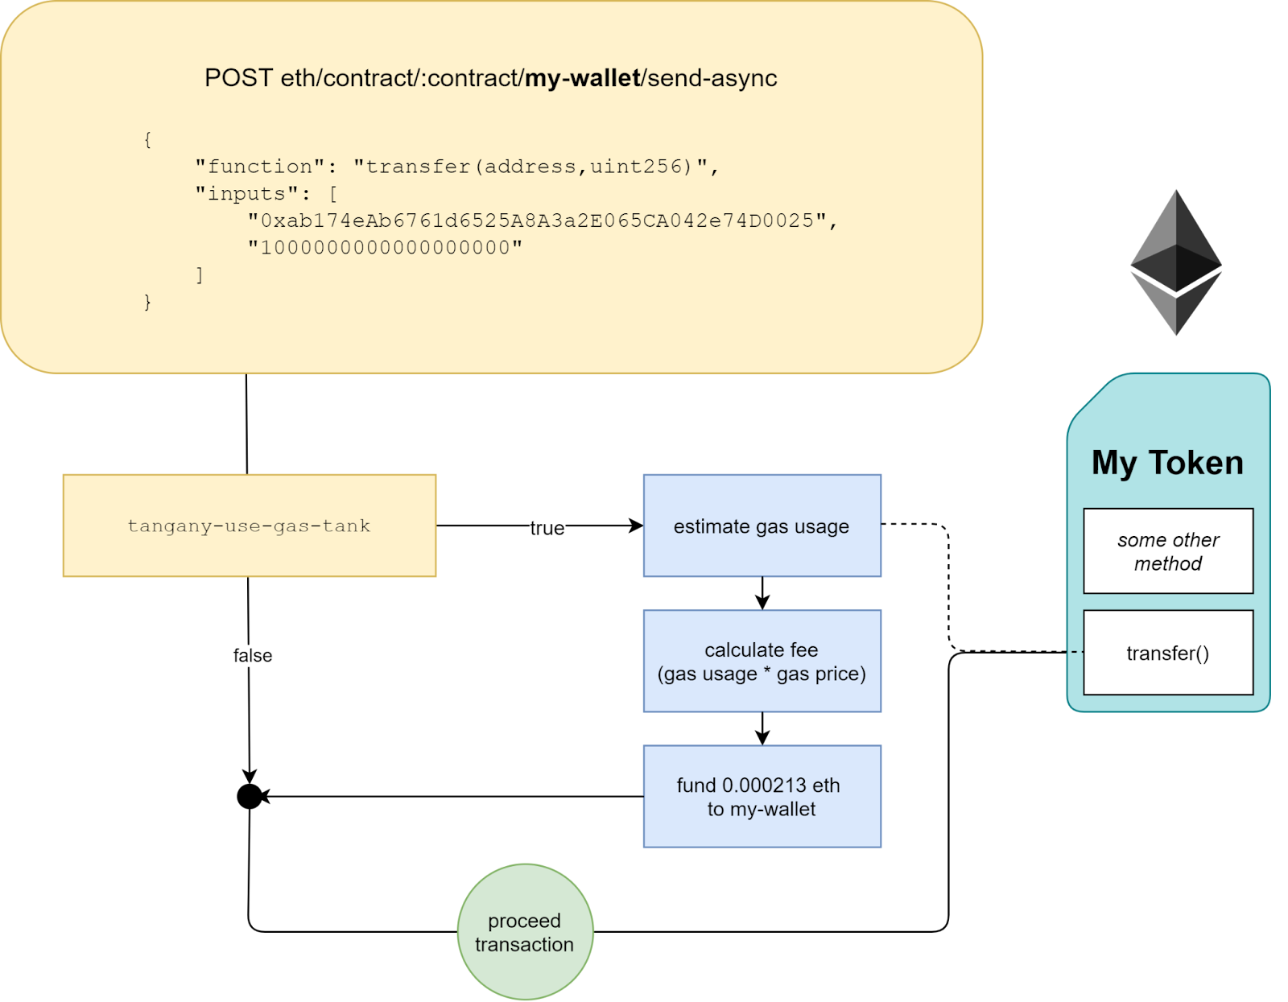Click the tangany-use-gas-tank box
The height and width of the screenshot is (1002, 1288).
pyautogui.click(x=250, y=526)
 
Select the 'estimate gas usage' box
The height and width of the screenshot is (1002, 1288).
pyautogui.click(x=762, y=526)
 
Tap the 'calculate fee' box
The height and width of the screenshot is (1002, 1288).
pyautogui.click(x=762, y=661)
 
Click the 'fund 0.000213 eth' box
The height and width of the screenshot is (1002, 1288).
pyautogui.click(x=762, y=797)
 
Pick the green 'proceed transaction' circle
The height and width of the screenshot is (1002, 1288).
pyautogui.click(x=525, y=932)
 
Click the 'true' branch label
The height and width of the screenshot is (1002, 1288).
pyautogui.click(x=547, y=528)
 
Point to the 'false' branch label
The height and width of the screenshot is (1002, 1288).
pyautogui.click(x=253, y=656)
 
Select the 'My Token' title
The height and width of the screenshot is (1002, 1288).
pyautogui.click(x=1167, y=463)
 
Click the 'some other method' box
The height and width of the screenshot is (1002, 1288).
pyautogui.click(x=1168, y=551)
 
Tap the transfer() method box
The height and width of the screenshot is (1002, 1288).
pyautogui.click(x=1168, y=653)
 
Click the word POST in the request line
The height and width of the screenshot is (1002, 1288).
pyautogui.click(x=238, y=78)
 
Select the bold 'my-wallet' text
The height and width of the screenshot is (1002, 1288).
pyautogui.click(x=583, y=78)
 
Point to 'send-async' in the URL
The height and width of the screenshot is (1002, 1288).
pyautogui.click(x=712, y=78)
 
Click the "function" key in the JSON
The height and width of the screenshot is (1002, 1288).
pyautogui.click(x=260, y=167)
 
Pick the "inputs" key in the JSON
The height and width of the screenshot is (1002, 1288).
pyautogui.click(x=247, y=194)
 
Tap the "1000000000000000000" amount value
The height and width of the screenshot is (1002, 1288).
pyautogui.click(x=385, y=248)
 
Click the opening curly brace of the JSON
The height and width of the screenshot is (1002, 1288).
pyautogui.click(x=147, y=139)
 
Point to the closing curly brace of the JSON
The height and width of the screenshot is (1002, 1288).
pyautogui.click(x=147, y=302)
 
